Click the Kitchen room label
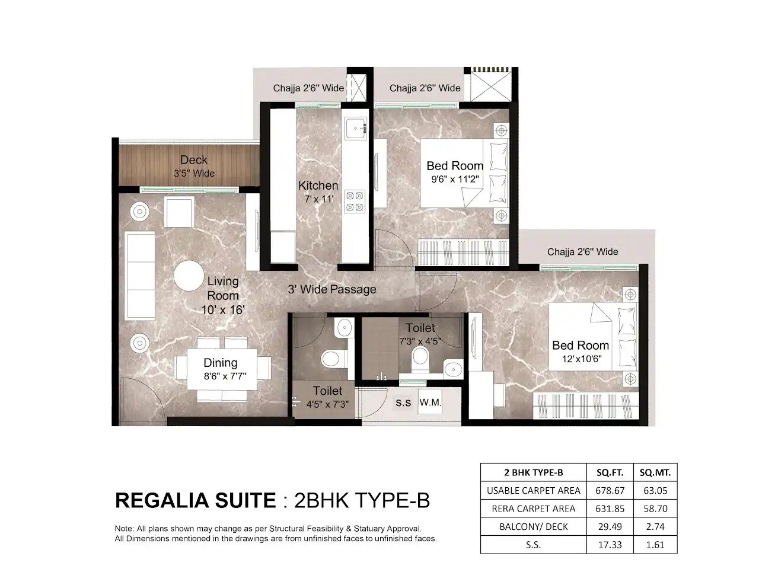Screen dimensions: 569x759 point(318,186)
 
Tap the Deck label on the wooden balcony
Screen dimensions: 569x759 point(194,160)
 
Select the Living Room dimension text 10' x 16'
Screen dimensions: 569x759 point(223,309)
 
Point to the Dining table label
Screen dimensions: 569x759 point(221,363)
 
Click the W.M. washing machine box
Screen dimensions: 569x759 point(430,402)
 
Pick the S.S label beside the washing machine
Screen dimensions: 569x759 point(403,403)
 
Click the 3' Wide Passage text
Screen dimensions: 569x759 point(332,290)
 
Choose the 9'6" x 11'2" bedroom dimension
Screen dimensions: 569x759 point(455,179)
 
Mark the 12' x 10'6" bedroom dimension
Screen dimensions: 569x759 point(581,359)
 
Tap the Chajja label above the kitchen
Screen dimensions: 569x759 point(308,88)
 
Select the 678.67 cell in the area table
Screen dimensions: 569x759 point(610,491)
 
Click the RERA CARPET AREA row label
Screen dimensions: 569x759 point(533,509)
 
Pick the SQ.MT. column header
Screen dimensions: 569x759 point(655,472)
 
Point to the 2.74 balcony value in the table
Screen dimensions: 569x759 point(655,527)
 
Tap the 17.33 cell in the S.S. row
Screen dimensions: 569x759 point(610,545)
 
